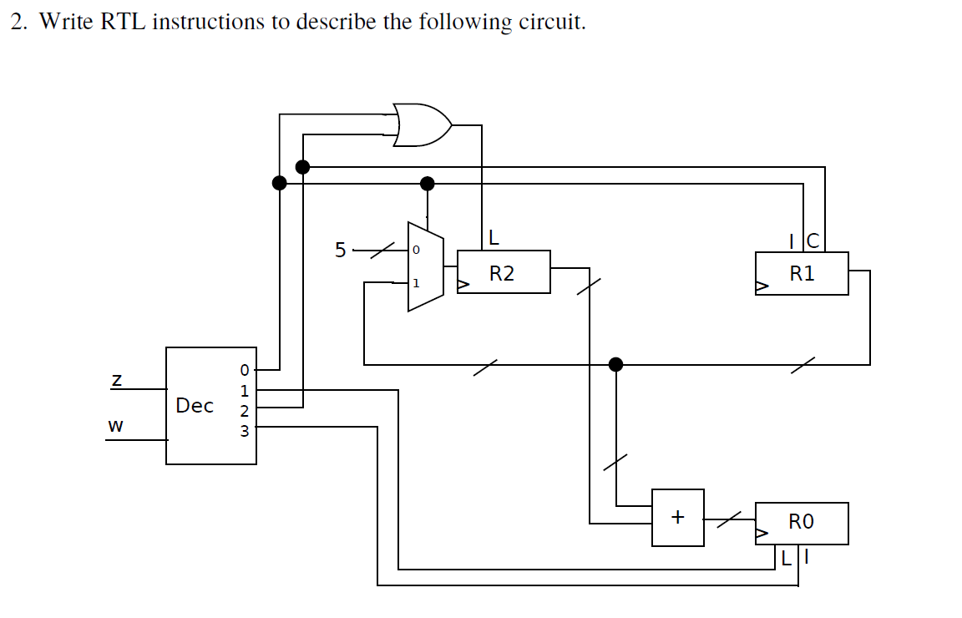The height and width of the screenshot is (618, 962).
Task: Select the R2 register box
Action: pyautogui.click(x=504, y=272)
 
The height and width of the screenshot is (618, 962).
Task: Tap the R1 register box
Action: pyautogui.click(x=802, y=273)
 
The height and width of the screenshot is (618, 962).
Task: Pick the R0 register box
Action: pyautogui.click(x=802, y=524)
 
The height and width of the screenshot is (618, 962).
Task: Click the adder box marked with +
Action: pyautogui.click(x=678, y=517)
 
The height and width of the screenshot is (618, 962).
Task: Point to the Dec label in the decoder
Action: pyautogui.click(x=195, y=406)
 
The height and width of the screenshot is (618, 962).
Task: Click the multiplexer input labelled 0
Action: pyautogui.click(x=416, y=250)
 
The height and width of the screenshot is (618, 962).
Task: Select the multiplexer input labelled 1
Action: pyautogui.click(x=416, y=283)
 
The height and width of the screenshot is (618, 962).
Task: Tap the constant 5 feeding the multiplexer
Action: pyautogui.click(x=341, y=250)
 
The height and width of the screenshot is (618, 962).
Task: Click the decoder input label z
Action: pyautogui.click(x=116, y=381)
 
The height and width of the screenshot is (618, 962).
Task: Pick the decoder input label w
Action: pyautogui.click(x=115, y=425)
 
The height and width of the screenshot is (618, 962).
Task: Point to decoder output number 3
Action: pyautogui.click(x=244, y=431)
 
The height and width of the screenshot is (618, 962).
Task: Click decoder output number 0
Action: pyautogui.click(x=244, y=370)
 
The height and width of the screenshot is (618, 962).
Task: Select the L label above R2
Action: pyautogui.click(x=494, y=237)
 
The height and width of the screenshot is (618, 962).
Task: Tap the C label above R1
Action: pyautogui.click(x=813, y=241)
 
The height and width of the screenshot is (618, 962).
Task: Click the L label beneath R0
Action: pyautogui.click(x=787, y=558)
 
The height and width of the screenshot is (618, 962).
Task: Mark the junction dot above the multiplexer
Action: pyautogui.click(x=427, y=183)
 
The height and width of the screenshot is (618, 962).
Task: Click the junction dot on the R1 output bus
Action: pyautogui.click(x=616, y=365)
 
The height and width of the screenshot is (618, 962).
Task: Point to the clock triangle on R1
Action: pyautogui.click(x=762, y=286)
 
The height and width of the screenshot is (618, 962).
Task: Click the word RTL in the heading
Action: pyautogui.click(x=124, y=22)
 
